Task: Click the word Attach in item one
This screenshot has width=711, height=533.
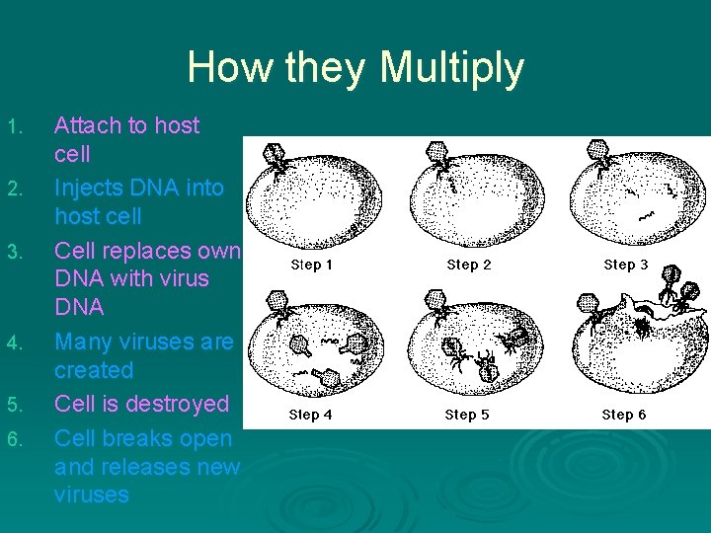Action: click(86, 125)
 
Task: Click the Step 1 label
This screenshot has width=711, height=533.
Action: click(311, 265)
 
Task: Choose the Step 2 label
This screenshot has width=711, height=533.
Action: click(468, 265)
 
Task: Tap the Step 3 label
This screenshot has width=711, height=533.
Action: click(625, 265)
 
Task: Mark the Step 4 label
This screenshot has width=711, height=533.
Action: click(311, 416)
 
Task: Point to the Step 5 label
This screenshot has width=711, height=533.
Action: click(468, 416)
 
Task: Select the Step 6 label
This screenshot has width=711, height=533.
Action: click(625, 416)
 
